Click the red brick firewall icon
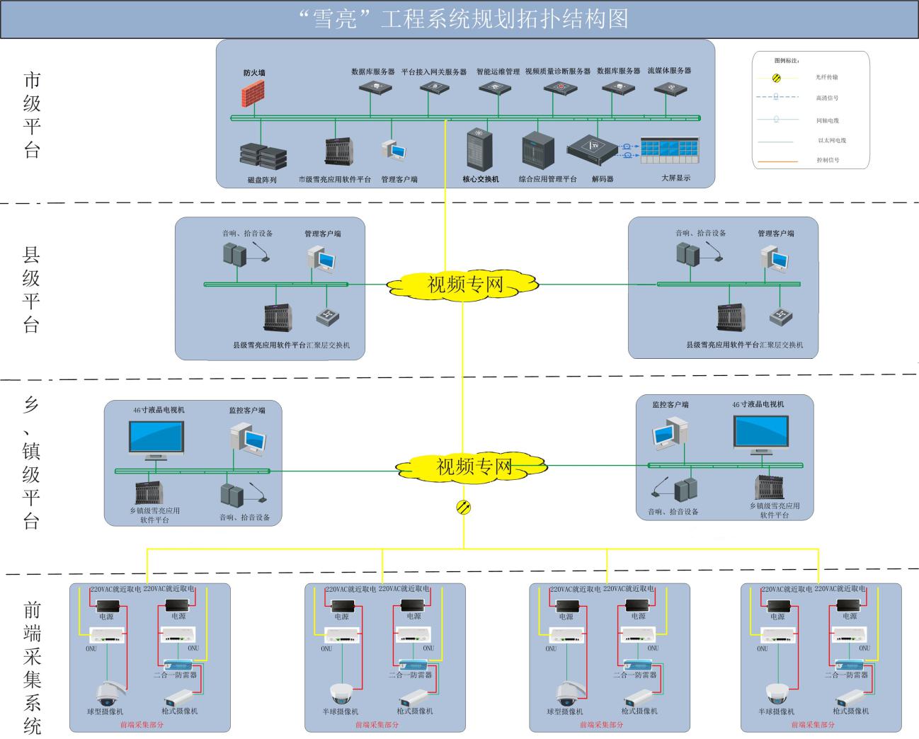tap(251, 93)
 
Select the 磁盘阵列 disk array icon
tap(263, 156)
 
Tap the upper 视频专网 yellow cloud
tap(464, 284)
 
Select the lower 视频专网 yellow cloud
tap(472, 466)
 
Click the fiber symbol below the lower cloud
tap(464, 507)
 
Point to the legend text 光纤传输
tap(827, 77)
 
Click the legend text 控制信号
tap(828, 161)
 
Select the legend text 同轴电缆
tap(828, 120)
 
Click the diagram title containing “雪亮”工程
tap(459, 19)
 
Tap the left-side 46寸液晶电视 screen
tap(156, 437)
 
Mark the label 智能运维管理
tap(498, 71)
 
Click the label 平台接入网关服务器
tap(433, 71)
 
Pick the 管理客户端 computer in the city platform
tap(394, 149)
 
